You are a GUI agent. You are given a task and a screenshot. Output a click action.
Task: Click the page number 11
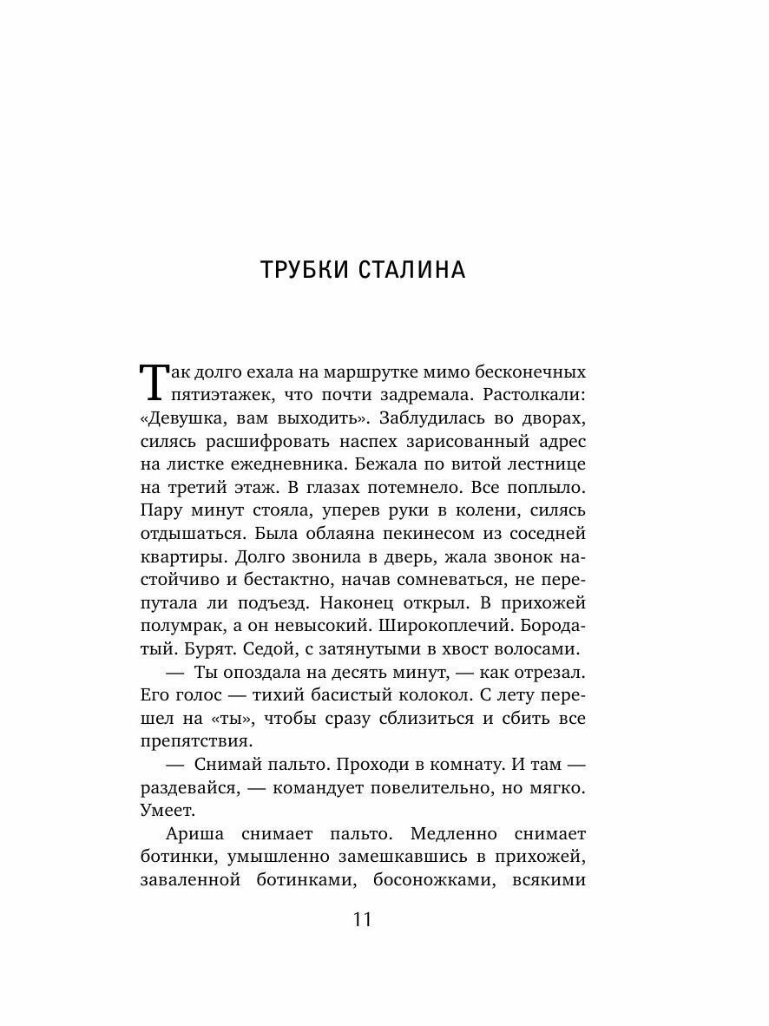click(362, 919)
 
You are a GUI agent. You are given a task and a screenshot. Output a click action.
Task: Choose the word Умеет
click(168, 810)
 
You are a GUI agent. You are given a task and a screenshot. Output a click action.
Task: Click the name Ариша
click(194, 834)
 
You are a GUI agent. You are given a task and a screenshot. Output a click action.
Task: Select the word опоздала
click(250, 673)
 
